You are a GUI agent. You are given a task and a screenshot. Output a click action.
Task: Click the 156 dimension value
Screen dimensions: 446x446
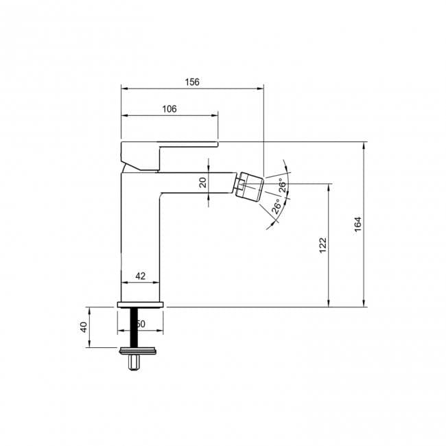click(192, 82)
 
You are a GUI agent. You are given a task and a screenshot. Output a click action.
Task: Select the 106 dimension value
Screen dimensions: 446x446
click(169, 109)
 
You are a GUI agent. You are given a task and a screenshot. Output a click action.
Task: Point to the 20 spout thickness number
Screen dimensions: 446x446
click(202, 182)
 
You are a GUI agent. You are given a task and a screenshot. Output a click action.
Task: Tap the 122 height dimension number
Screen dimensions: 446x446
click(322, 245)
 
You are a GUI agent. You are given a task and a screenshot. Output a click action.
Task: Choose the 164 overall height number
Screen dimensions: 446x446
click(357, 224)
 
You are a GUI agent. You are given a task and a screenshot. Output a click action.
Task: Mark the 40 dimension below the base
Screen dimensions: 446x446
click(84, 327)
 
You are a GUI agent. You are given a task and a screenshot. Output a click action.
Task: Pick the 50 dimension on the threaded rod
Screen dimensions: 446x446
click(140, 323)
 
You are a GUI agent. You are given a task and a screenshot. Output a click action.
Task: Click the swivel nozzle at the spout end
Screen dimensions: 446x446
click(250, 186)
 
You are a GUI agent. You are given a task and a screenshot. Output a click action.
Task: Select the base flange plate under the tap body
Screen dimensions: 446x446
click(141, 305)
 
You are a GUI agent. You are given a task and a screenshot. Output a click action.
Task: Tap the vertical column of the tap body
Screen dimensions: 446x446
click(140, 233)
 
